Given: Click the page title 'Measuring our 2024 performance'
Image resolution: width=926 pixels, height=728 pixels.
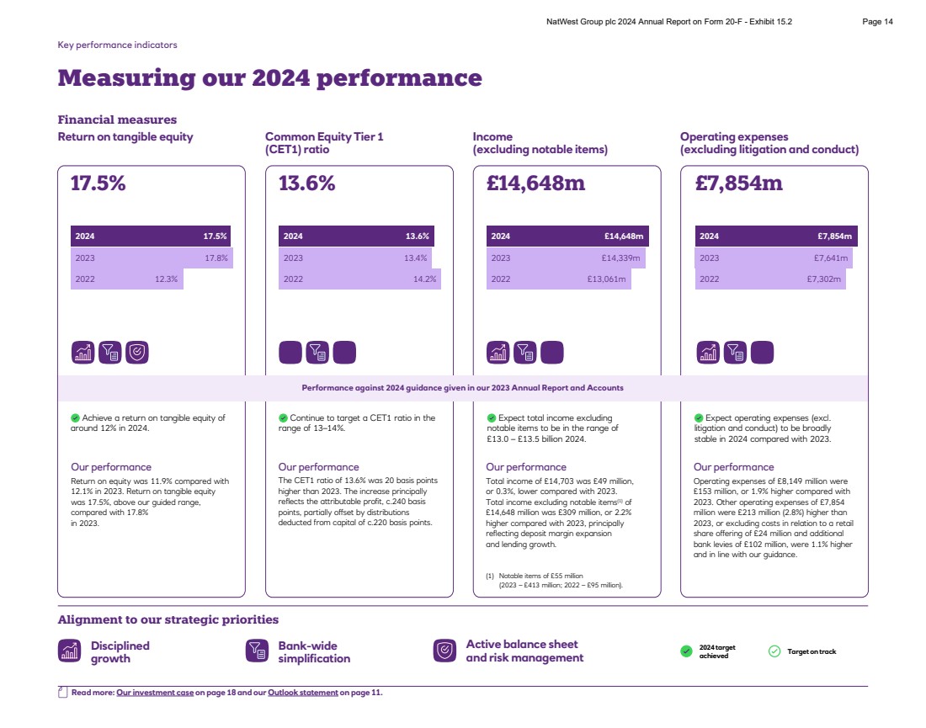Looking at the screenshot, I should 269,78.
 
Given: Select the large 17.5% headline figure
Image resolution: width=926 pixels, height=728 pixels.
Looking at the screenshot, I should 98,183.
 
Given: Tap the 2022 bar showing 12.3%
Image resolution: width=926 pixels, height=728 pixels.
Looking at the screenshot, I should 126,279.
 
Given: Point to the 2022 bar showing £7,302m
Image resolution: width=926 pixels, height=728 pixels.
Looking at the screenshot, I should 769,279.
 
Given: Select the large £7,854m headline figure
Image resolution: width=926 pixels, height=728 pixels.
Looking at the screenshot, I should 738,183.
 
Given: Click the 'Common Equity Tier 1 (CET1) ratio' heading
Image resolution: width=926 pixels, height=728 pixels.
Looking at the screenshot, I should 324,143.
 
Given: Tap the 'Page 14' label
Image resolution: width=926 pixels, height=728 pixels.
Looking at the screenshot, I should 878,22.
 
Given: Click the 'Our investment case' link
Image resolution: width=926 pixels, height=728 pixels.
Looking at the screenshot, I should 155,693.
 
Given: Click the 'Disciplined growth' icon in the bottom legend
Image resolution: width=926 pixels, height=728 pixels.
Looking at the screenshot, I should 69,651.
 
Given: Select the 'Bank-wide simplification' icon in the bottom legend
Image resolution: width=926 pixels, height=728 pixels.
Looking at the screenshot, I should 256,651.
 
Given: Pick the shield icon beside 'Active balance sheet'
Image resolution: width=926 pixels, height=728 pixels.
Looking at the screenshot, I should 444,651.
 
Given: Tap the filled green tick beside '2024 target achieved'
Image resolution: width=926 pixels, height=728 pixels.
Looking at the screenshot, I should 686,651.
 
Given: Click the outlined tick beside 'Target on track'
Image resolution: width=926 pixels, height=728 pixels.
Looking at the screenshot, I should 774,651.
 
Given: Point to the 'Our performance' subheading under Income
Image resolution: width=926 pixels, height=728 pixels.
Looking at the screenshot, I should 525,467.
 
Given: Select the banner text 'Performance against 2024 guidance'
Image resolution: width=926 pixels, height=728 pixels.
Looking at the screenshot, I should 462,388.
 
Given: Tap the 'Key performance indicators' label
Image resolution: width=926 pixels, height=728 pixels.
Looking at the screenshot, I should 117,45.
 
